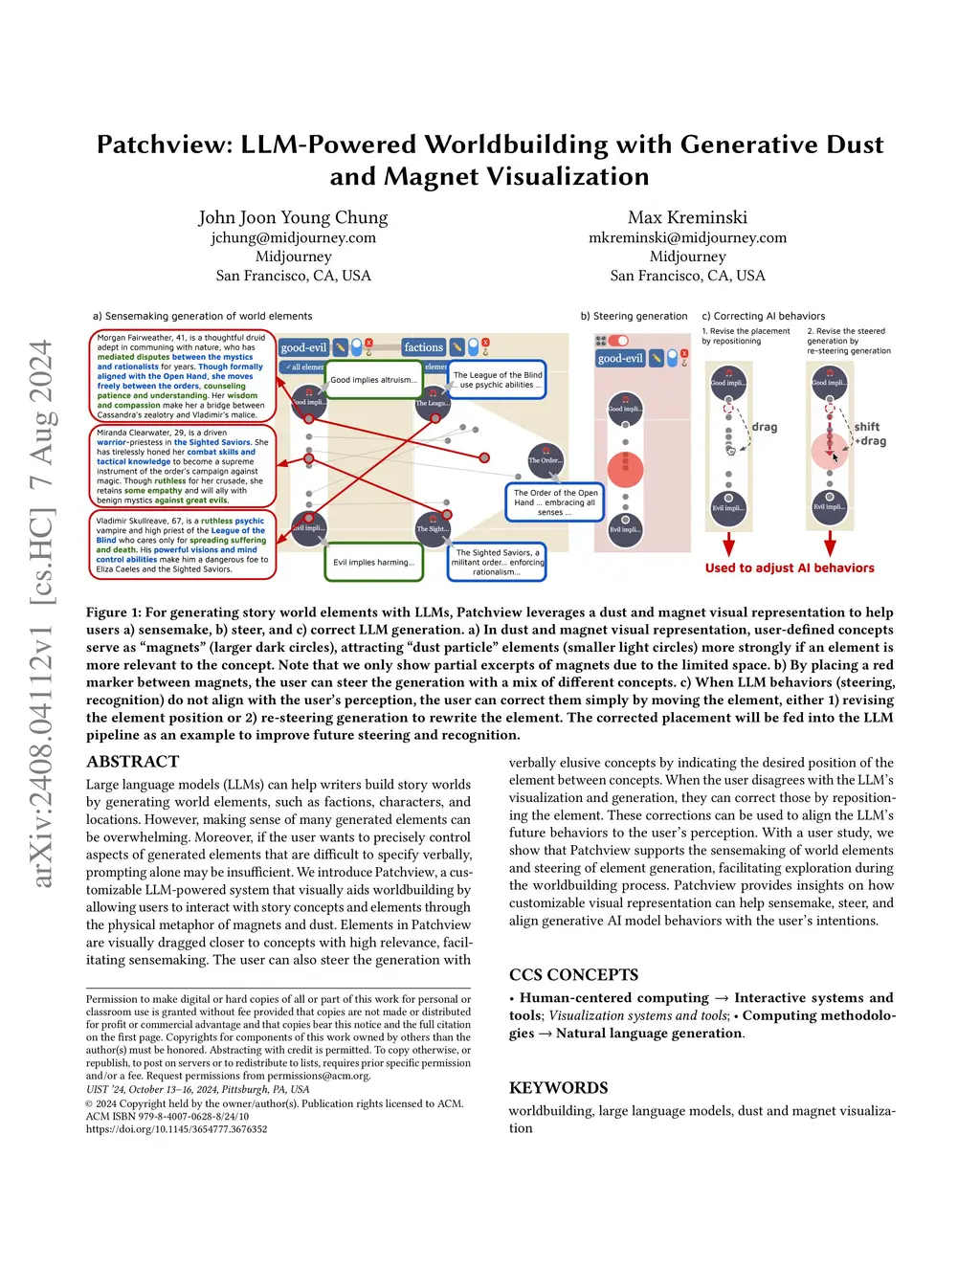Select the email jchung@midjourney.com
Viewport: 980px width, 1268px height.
(293, 237)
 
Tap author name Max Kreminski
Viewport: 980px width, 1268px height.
(687, 217)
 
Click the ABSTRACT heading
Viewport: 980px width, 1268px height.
(132, 762)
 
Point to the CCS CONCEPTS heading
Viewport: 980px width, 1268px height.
(573, 974)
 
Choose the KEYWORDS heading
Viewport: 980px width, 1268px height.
(558, 1087)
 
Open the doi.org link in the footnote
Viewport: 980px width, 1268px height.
(176, 1129)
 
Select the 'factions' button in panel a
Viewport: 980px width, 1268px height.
(423, 347)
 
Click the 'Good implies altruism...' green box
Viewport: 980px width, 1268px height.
(373, 380)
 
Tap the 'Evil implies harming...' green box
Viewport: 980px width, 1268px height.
(373, 563)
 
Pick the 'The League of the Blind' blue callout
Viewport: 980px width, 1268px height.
(498, 380)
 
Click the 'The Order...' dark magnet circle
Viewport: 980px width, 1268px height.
(546, 460)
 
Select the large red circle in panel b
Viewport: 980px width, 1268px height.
(625, 468)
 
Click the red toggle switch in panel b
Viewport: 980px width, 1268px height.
(618, 341)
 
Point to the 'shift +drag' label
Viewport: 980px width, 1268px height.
(870, 434)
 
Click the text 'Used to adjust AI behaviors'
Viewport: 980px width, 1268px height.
(790, 567)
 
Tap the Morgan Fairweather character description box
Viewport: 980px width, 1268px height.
(182, 376)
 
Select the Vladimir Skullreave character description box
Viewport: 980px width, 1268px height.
(182, 545)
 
